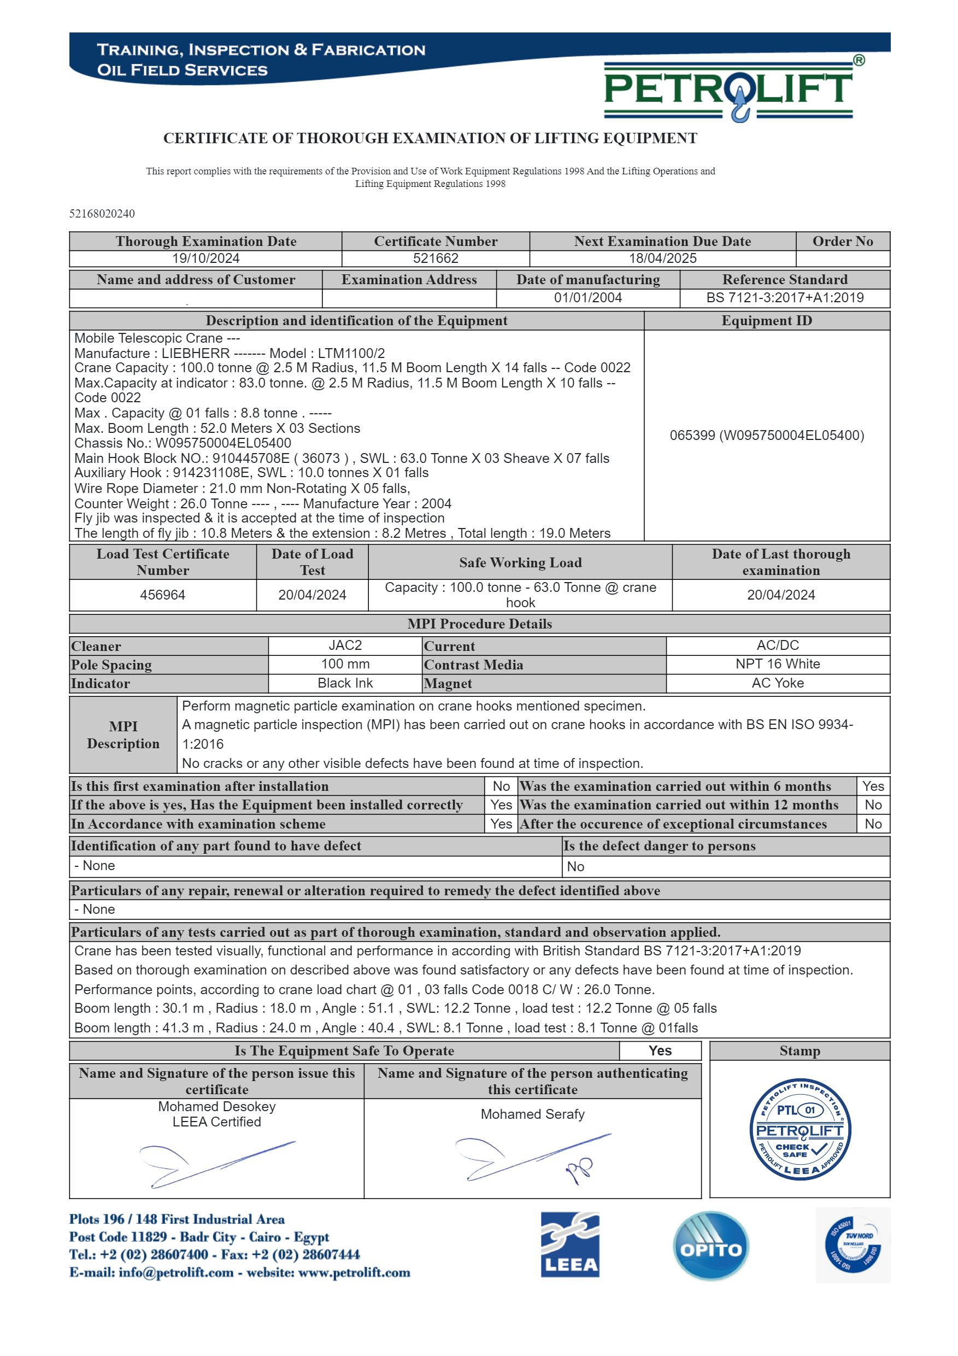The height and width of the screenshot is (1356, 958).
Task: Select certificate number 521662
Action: tap(436, 258)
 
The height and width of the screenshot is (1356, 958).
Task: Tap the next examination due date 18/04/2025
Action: tap(662, 258)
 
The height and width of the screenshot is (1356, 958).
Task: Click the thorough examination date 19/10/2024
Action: tap(205, 258)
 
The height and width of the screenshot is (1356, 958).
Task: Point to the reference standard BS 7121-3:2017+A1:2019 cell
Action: tap(784, 298)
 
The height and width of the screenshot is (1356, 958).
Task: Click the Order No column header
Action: tap(842, 241)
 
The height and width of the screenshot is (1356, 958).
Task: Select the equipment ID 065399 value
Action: tap(766, 435)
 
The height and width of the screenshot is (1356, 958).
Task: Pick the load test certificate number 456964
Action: tap(162, 595)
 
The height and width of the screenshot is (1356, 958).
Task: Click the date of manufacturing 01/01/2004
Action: tap(587, 298)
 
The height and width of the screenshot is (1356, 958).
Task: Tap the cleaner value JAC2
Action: tap(345, 645)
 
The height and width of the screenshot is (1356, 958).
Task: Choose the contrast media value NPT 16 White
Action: tap(777, 664)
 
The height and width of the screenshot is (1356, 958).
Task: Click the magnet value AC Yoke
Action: tap(777, 683)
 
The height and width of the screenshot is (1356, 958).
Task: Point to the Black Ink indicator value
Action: tap(345, 683)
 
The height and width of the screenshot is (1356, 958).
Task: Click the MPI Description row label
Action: tap(123, 735)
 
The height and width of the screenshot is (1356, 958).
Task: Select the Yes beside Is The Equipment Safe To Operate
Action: tap(660, 1050)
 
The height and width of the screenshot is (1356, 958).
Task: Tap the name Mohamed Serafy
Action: tap(532, 1114)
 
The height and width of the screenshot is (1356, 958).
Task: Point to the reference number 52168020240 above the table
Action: tap(102, 213)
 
